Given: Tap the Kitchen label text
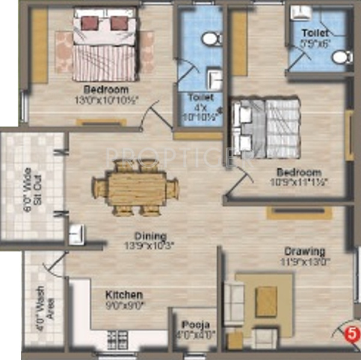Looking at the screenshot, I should pos(124,295).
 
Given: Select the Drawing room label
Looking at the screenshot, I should pos(306,251).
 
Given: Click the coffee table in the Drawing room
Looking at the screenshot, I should pos(266,302).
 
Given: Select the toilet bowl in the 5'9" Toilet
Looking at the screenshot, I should pos(342,57).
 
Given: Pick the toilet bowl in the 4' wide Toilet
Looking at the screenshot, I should pos(210,39).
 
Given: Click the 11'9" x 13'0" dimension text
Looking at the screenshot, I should pos(306,261).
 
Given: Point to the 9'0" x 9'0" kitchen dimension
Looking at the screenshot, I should pos(124,305).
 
